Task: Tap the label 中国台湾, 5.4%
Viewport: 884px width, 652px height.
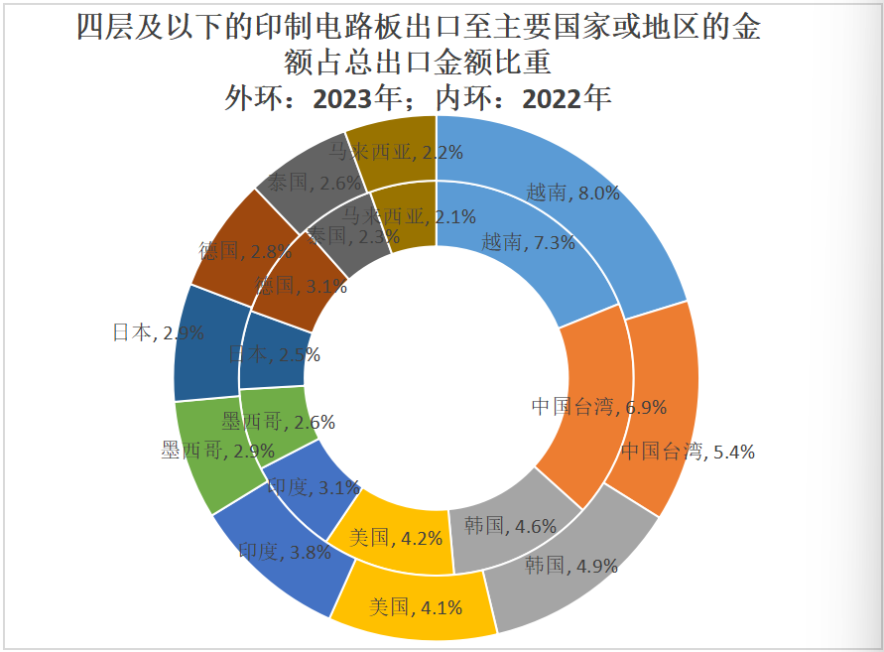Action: [688, 452]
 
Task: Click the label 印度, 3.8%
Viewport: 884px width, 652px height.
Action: [284, 552]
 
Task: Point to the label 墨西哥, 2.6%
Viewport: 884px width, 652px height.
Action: [278, 422]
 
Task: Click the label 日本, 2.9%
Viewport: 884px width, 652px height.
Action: [158, 333]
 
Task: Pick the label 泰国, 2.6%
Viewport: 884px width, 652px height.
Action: [299, 183]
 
